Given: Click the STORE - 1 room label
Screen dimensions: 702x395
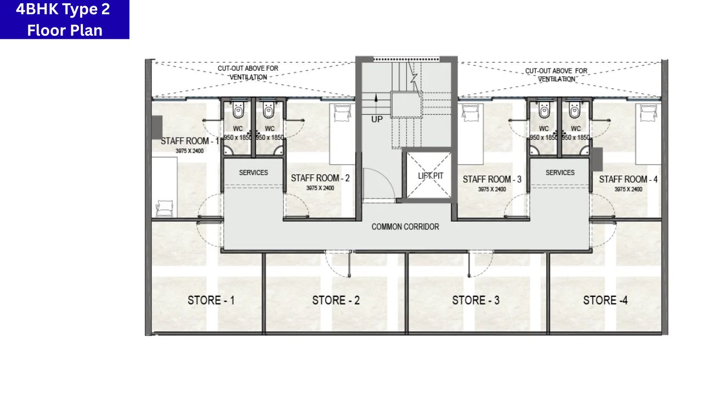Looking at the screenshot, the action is click(x=211, y=300).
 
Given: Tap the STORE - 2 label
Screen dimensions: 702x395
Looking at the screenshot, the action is click(x=336, y=300).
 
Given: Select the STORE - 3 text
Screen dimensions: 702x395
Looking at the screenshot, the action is click(x=475, y=300).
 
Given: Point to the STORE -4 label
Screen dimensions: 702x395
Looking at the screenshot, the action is click(x=605, y=300).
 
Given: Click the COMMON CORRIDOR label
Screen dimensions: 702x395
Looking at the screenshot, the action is click(x=405, y=227).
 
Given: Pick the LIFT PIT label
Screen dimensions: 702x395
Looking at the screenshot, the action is click(x=431, y=176).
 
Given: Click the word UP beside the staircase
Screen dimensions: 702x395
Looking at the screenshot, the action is click(x=377, y=120).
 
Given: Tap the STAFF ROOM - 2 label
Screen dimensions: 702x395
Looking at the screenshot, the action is click(x=320, y=178).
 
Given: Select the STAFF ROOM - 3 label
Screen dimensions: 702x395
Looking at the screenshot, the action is click(x=492, y=179).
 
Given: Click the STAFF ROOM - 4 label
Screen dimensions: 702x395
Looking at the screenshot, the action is click(x=629, y=179).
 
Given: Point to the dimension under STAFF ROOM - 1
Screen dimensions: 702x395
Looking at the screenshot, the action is click(x=189, y=151).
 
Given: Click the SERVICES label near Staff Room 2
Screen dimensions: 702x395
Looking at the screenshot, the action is click(x=253, y=173).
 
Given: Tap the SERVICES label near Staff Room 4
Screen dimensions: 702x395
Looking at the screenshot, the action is click(x=560, y=173).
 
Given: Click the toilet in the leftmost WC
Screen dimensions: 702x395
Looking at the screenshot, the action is click(x=238, y=109).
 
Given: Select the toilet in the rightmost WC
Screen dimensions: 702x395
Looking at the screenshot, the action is click(x=575, y=109).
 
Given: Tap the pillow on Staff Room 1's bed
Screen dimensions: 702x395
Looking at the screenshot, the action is click(x=165, y=207).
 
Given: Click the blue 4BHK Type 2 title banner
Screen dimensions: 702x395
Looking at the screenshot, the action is click(x=65, y=19).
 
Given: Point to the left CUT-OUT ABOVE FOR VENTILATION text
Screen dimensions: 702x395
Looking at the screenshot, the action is click(x=248, y=73).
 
